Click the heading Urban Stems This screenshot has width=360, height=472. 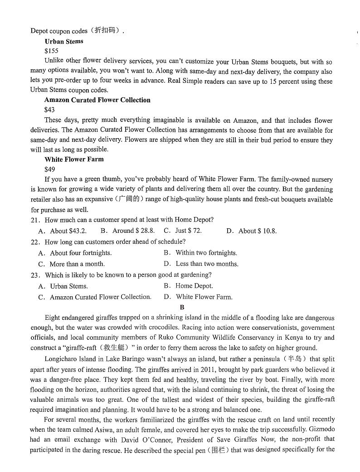click(64, 41)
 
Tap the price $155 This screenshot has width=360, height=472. click(51, 51)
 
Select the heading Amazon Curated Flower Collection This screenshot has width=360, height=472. click(97, 100)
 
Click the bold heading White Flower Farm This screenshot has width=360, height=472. click(74, 159)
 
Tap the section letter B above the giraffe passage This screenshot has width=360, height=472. click(182, 308)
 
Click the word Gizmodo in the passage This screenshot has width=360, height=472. click(320, 429)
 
